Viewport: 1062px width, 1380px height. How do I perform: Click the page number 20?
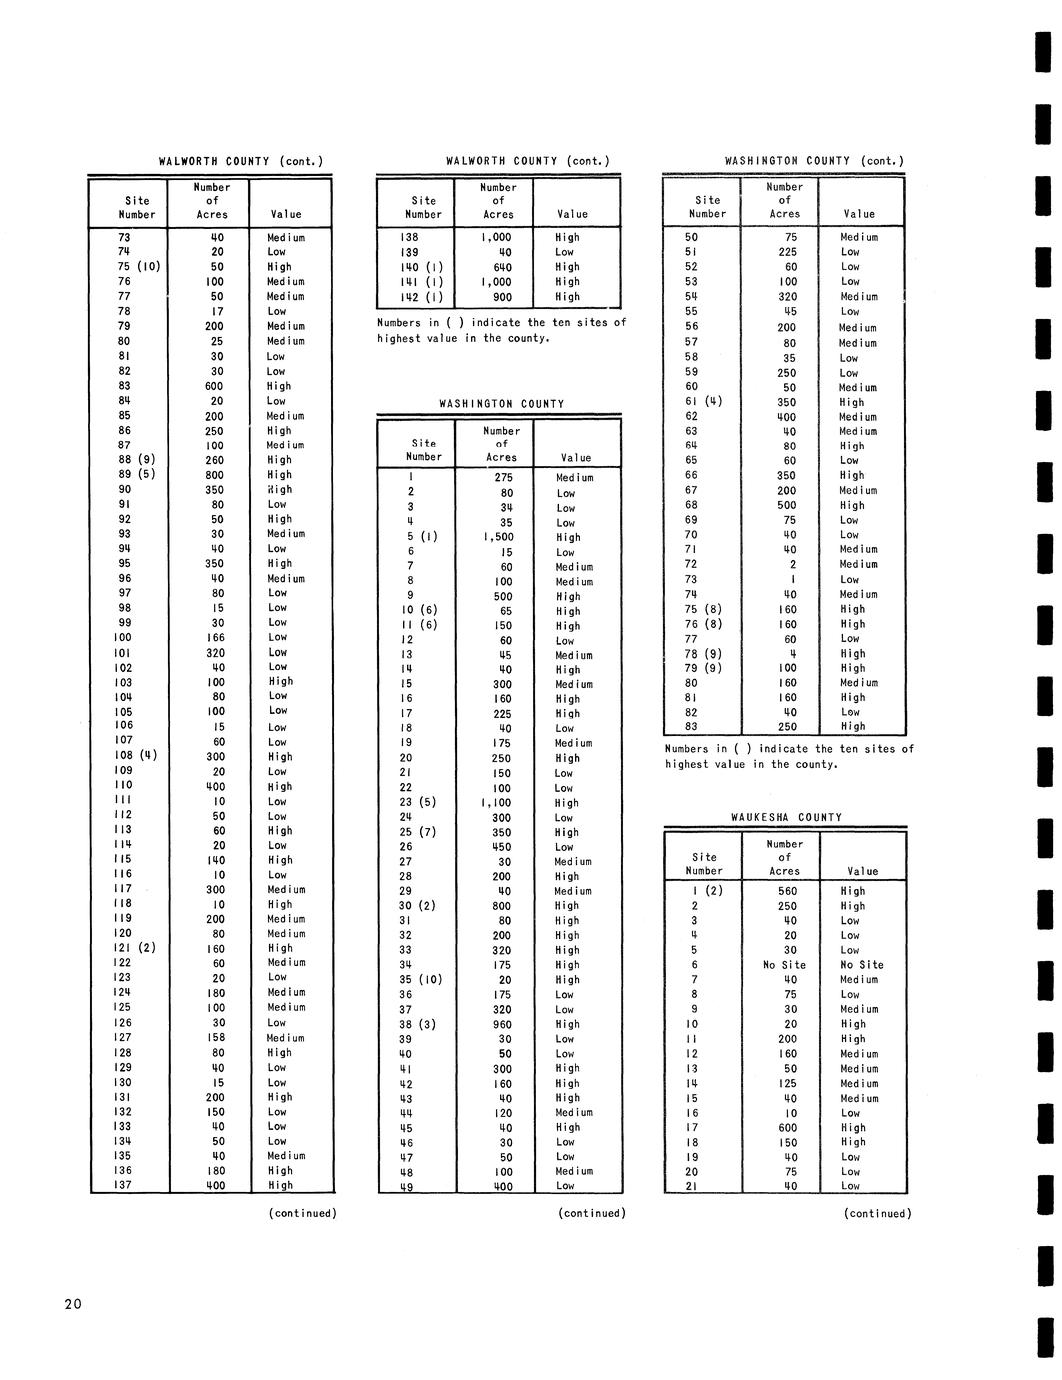tap(71, 1304)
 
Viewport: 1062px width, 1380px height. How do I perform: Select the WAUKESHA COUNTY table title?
tap(784, 817)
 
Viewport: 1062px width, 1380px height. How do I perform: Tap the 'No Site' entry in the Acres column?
tap(784, 965)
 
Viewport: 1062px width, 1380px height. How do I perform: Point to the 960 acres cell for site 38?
tap(501, 1024)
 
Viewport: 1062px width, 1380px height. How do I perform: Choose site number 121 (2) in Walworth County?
tap(136, 948)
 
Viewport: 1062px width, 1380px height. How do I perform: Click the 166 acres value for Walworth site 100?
tap(216, 637)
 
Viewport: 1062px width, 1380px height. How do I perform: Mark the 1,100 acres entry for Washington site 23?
tap(498, 802)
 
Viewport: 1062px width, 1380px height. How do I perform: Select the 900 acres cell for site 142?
tap(501, 297)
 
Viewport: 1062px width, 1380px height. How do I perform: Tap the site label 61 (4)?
tap(703, 402)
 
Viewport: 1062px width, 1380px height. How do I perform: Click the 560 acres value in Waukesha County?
tap(784, 891)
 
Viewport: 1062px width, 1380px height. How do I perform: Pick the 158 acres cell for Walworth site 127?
tap(216, 1037)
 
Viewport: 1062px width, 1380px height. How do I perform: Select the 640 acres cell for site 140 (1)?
tap(502, 267)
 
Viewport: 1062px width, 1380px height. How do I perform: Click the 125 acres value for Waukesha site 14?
tap(784, 1083)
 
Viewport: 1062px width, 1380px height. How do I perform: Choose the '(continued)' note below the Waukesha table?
tap(878, 1213)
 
